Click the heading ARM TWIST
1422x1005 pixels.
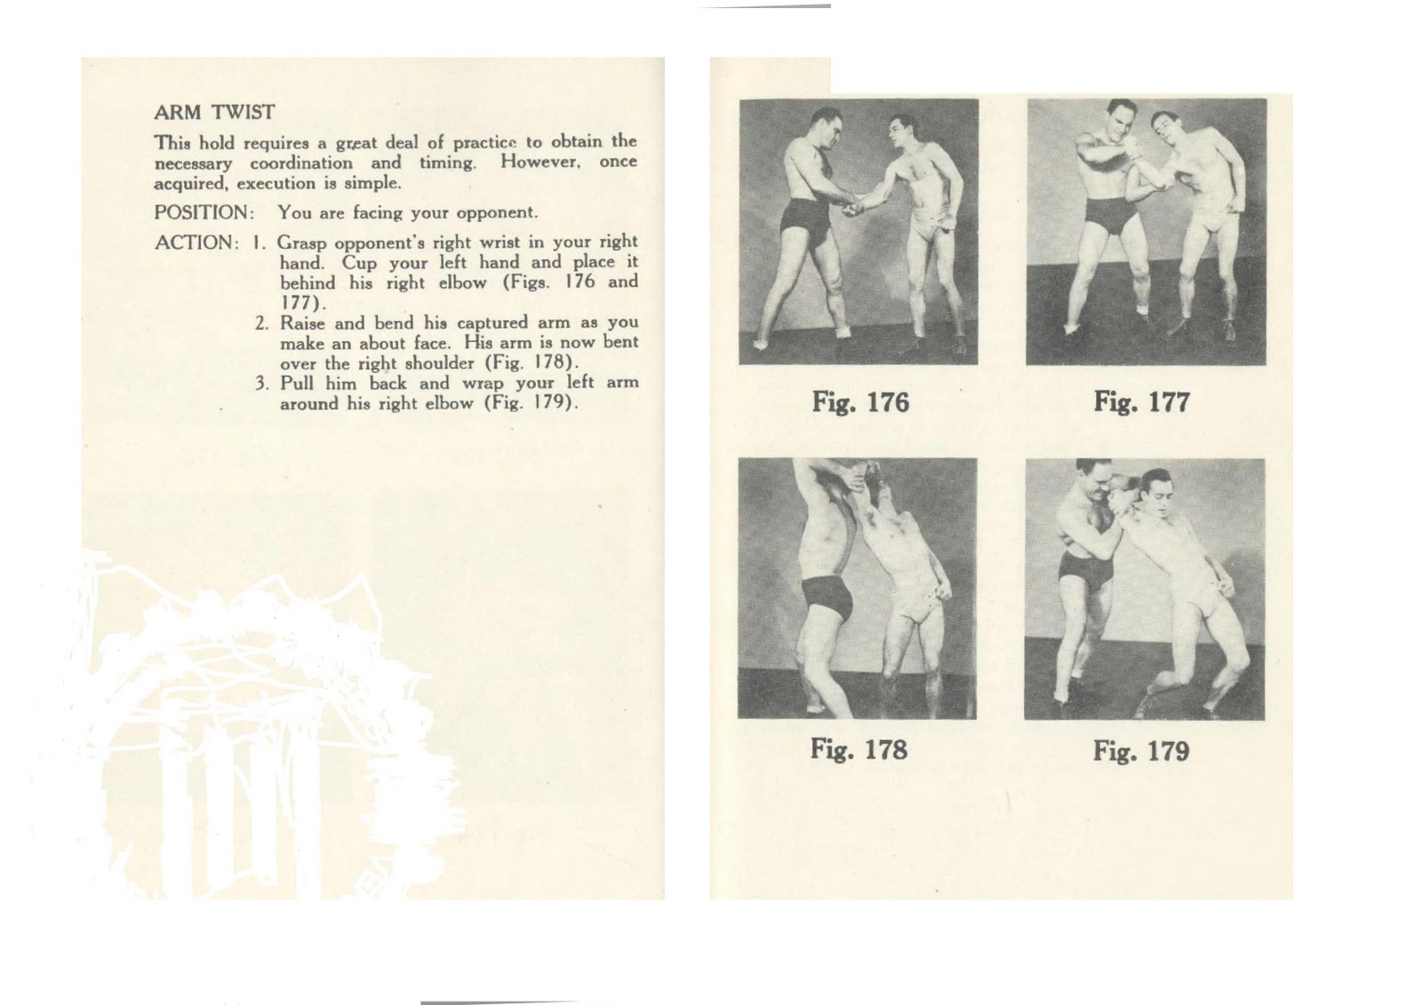[214, 112]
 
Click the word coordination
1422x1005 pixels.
[301, 163]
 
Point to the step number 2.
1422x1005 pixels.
[261, 323]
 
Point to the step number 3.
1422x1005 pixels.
[261, 384]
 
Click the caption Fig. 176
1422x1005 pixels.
[859, 403]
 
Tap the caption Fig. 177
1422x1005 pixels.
[1141, 402]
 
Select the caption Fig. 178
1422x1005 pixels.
[859, 749]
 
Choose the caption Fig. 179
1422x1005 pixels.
[1140, 751]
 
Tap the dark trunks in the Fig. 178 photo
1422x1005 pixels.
[827, 597]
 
